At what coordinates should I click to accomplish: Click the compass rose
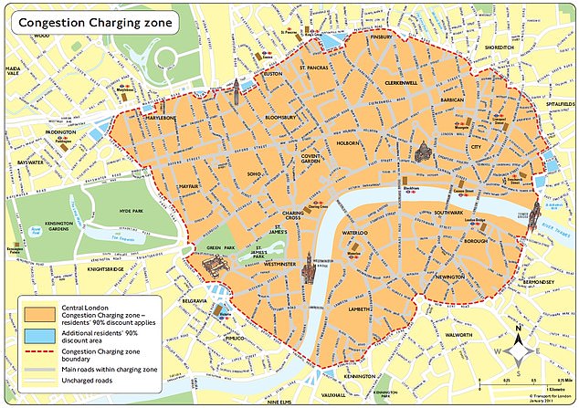(x=520, y=347)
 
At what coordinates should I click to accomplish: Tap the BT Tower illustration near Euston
(x=236, y=90)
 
